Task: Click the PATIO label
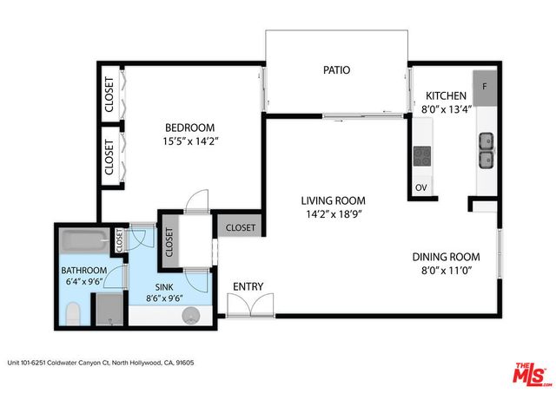(x=336, y=70)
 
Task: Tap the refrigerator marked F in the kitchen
(x=485, y=88)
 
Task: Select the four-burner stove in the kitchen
(x=422, y=156)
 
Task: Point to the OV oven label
(x=421, y=187)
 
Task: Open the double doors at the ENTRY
(x=250, y=304)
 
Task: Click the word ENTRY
(x=248, y=287)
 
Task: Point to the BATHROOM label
(x=83, y=268)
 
